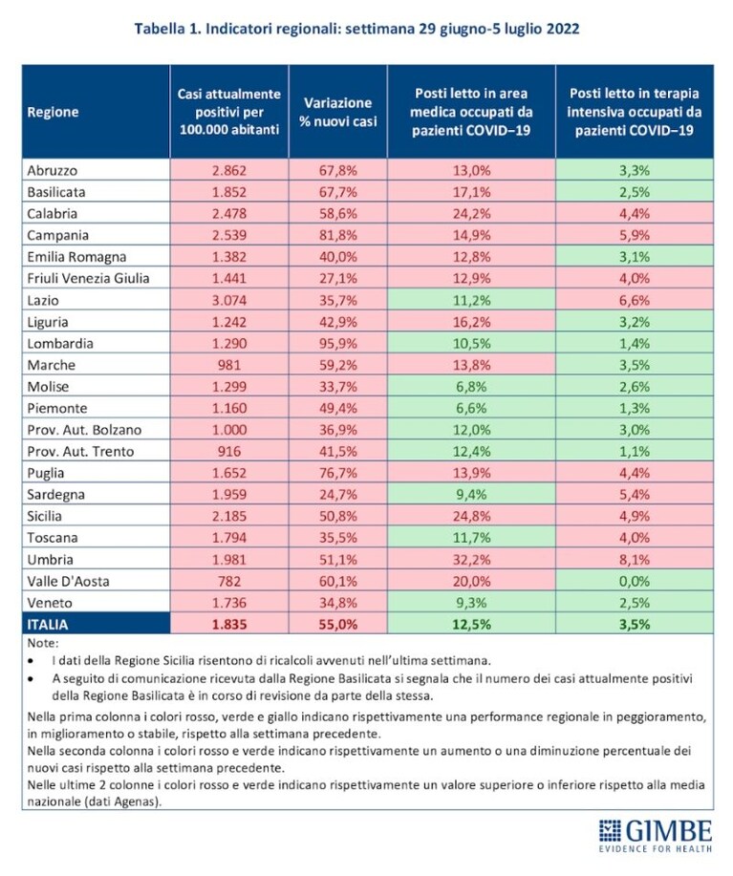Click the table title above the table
click(x=356, y=29)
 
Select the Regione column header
click(x=54, y=112)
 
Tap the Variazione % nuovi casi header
click(x=338, y=112)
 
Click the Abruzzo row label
click(x=53, y=170)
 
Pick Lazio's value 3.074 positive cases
click(x=229, y=300)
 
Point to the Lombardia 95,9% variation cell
click(x=338, y=344)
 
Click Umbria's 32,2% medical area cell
click(x=471, y=559)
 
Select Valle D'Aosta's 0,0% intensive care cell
click(x=635, y=581)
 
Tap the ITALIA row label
click(x=48, y=624)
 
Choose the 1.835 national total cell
click(x=229, y=624)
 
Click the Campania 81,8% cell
click(x=338, y=235)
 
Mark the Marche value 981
click(x=229, y=365)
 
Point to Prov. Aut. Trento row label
click(x=80, y=452)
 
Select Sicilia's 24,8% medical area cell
click(x=471, y=516)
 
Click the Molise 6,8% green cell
click(x=471, y=387)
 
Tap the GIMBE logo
click(x=656, y=836)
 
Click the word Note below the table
click(x=42, y=643)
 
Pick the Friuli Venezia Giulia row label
click(x=88, y=278)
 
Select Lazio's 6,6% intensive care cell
click(x=635, y=300)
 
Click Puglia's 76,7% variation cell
click(x=338, y=473)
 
